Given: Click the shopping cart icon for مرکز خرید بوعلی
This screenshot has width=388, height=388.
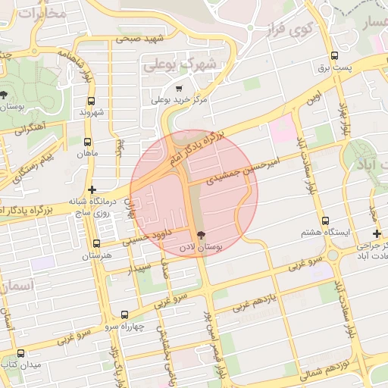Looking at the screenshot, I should [x=179, y=89].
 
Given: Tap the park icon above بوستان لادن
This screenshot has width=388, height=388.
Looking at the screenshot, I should [x=201, y=235].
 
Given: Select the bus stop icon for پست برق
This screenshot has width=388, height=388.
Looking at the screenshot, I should [x=335, y=56].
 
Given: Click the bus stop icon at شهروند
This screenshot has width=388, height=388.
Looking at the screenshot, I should [x=92, y=101].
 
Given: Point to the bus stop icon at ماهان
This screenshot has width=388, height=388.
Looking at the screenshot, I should [x=88, y=142].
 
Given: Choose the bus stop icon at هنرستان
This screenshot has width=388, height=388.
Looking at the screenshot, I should [x=96, y=244].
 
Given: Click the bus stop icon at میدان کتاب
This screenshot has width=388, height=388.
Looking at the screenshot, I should [x=20, y=353].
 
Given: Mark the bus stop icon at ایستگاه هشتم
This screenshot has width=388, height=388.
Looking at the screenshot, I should [x=324, y=221].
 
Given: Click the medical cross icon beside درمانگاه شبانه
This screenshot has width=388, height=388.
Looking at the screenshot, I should [x=92, y=189].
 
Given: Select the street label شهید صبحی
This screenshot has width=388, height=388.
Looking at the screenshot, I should [x=142, y=38].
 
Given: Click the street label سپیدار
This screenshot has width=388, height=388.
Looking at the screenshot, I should [x=143, y=268].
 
